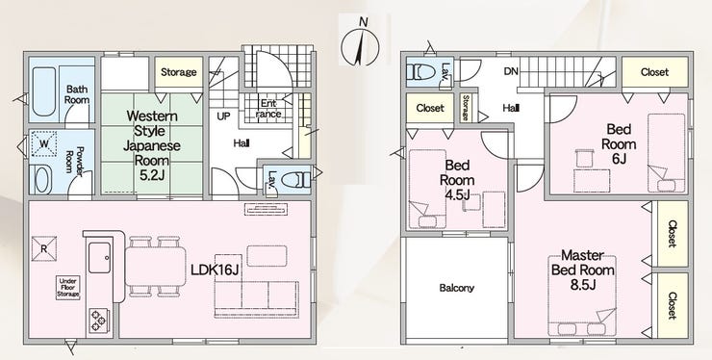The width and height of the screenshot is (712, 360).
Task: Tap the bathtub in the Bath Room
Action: pyautogui.click(x=43, y=93)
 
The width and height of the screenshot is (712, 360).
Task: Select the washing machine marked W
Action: pyautogui.click(x=44, y=143)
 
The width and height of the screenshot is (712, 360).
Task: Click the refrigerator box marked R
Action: pyautogui.click(x=44, y=248)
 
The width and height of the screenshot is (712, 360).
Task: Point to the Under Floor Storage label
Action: pyautogui.click(x=68, y=288)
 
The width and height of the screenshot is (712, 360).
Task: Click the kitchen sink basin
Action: pyautogui.click(x=99, y=257)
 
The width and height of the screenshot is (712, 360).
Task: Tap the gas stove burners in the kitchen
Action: pyautogui.click(x=98, y=321)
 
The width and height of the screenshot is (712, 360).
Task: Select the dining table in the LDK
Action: pyautogui.click(x=155, y=267)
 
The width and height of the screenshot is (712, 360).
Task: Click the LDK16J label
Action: pyautogui.click(x=216, y=270)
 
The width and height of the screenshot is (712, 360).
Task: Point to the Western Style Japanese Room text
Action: pyautogui.click(x=152, y=139)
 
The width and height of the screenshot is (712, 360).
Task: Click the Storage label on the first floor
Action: pyautogui.click(x=178, y=72)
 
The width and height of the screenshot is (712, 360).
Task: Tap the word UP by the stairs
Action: pyautogui.click(x=223, y=116)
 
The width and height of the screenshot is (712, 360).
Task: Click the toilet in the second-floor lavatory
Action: pyautogui.click(x=424, y=72)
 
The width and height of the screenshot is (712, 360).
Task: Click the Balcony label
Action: pyautogui.click(x=456, y=288)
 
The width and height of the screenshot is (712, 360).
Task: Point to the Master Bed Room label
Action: pyautogui.click(x=582, y=270)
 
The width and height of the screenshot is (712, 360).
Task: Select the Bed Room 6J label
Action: pyautogui.click(x=619, y=144)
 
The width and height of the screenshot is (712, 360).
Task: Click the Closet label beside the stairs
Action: pyautogui.click(x=654, y=72)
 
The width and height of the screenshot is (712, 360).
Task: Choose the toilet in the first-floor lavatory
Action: pyautogui.click(x=295, y=180)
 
